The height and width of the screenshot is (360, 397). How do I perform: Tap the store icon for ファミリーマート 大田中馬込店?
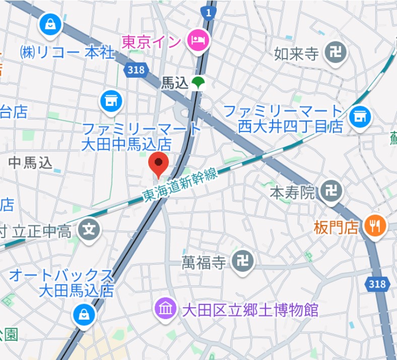pyautogui.click(x=111, y=101)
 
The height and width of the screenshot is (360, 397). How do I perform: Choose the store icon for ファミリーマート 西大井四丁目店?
pyautogui.click(x=360, y=117)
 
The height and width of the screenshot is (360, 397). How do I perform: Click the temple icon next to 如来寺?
pyautogui.click(x=334, y=52)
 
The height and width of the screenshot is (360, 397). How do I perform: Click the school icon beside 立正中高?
pyautogui.click(x=89, y=230)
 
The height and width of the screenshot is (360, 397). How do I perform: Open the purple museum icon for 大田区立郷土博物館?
pyautogui.click(x=166, y=308)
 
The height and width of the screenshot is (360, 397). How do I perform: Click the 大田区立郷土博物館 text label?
pyautogui.click(x=250, y=309)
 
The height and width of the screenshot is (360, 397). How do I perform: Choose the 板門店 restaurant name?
pyautogui.click(x=336, y=227)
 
